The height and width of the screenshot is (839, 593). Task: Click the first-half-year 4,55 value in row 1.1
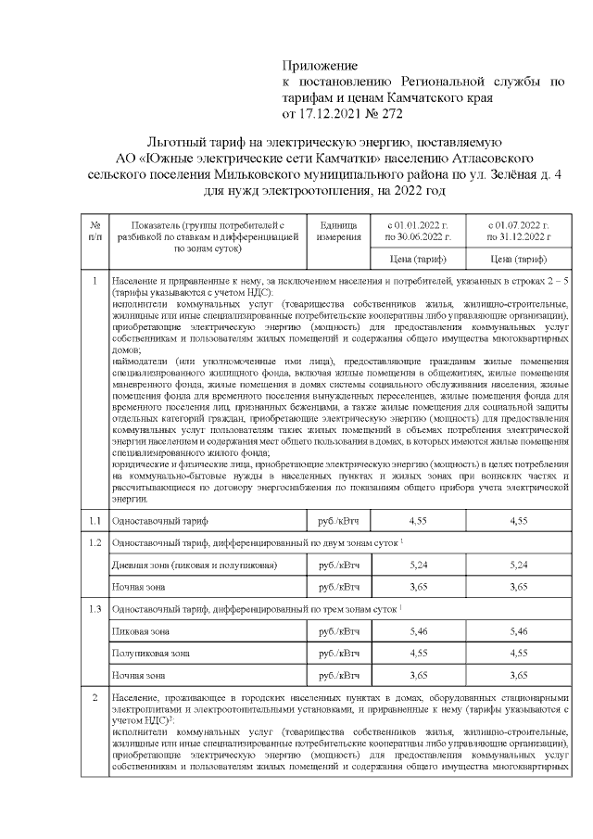click(417, 520)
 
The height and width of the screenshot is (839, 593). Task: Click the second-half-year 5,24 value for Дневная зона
click(520, 565)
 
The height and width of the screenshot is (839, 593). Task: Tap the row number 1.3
click(95, 608)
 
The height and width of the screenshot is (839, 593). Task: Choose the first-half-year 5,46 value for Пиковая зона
click(417, 630)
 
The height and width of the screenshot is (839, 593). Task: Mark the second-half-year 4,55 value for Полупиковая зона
click(520, 653)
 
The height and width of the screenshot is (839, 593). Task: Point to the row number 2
click(95, 696)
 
